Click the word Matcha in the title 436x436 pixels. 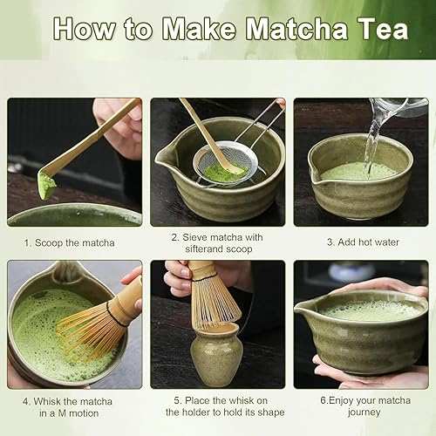click(x=296, y=29)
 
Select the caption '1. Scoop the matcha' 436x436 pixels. click(x=69, y=243)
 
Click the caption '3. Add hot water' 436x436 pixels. click(x=363, y=242)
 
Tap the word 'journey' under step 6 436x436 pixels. click(x=364, y=412)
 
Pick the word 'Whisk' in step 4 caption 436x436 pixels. click(x=47, y=401)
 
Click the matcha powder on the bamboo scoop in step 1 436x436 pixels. click(x=46, y=185)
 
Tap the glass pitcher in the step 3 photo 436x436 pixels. click(x=399, y=107)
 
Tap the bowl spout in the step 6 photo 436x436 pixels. click(x=303, y=309)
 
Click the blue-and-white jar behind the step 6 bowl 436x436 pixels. click(x=351, y=272)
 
